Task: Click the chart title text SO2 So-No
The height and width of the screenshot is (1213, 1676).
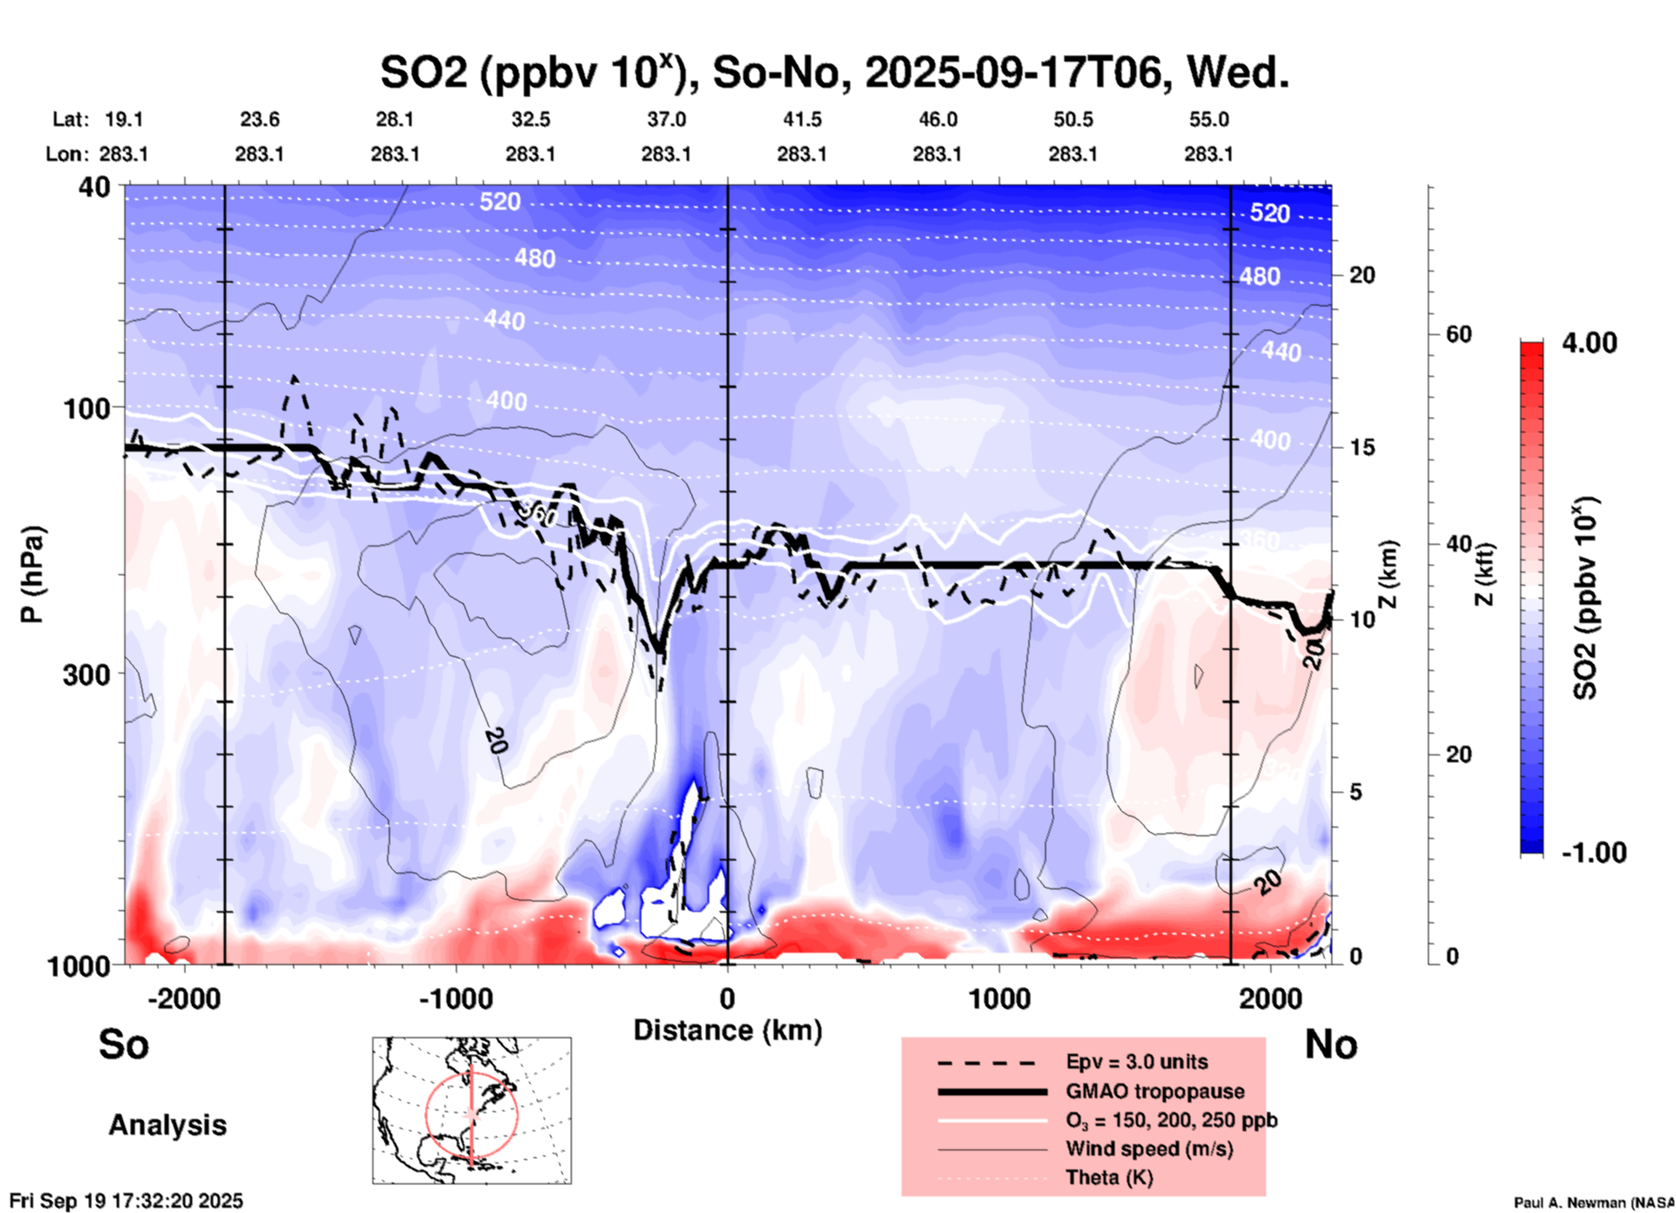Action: (834, 72)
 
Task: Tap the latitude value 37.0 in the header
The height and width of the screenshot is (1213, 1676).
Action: (666, 119)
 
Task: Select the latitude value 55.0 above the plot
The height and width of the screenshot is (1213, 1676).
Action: (1209, 119)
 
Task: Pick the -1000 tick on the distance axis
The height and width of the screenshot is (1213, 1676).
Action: (456, 998)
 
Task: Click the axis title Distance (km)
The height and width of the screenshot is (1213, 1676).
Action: (727, 1030)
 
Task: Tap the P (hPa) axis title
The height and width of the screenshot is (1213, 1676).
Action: (32, 574)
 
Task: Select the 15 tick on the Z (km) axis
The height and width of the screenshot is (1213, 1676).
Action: (1362, 447)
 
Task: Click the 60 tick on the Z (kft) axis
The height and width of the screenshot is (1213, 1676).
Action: (1458, 334)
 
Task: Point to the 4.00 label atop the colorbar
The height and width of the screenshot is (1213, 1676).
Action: (1589, 343)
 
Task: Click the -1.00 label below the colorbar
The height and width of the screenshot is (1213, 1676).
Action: (1593, 852)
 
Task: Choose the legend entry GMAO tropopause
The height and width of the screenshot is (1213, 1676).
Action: (1155, 1091)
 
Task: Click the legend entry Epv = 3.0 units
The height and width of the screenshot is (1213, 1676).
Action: (1136, 1062)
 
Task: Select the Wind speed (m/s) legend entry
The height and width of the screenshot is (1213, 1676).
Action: (1149, 1149)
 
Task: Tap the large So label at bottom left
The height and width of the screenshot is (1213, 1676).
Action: (124, 1044)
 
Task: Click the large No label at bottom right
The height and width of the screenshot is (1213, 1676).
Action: (1331, 1044)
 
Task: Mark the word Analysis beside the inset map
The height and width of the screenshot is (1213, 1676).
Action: (167, 1124)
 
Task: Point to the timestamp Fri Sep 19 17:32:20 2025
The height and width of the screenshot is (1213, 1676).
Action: (126, 1201)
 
